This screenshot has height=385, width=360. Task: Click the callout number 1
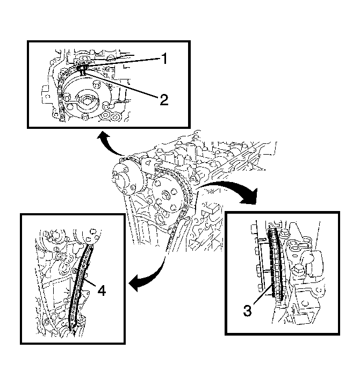point(164,59)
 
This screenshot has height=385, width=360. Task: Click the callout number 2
point(164,100)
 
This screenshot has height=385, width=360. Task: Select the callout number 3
point(248,310)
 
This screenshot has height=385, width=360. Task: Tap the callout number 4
point(102,290)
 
